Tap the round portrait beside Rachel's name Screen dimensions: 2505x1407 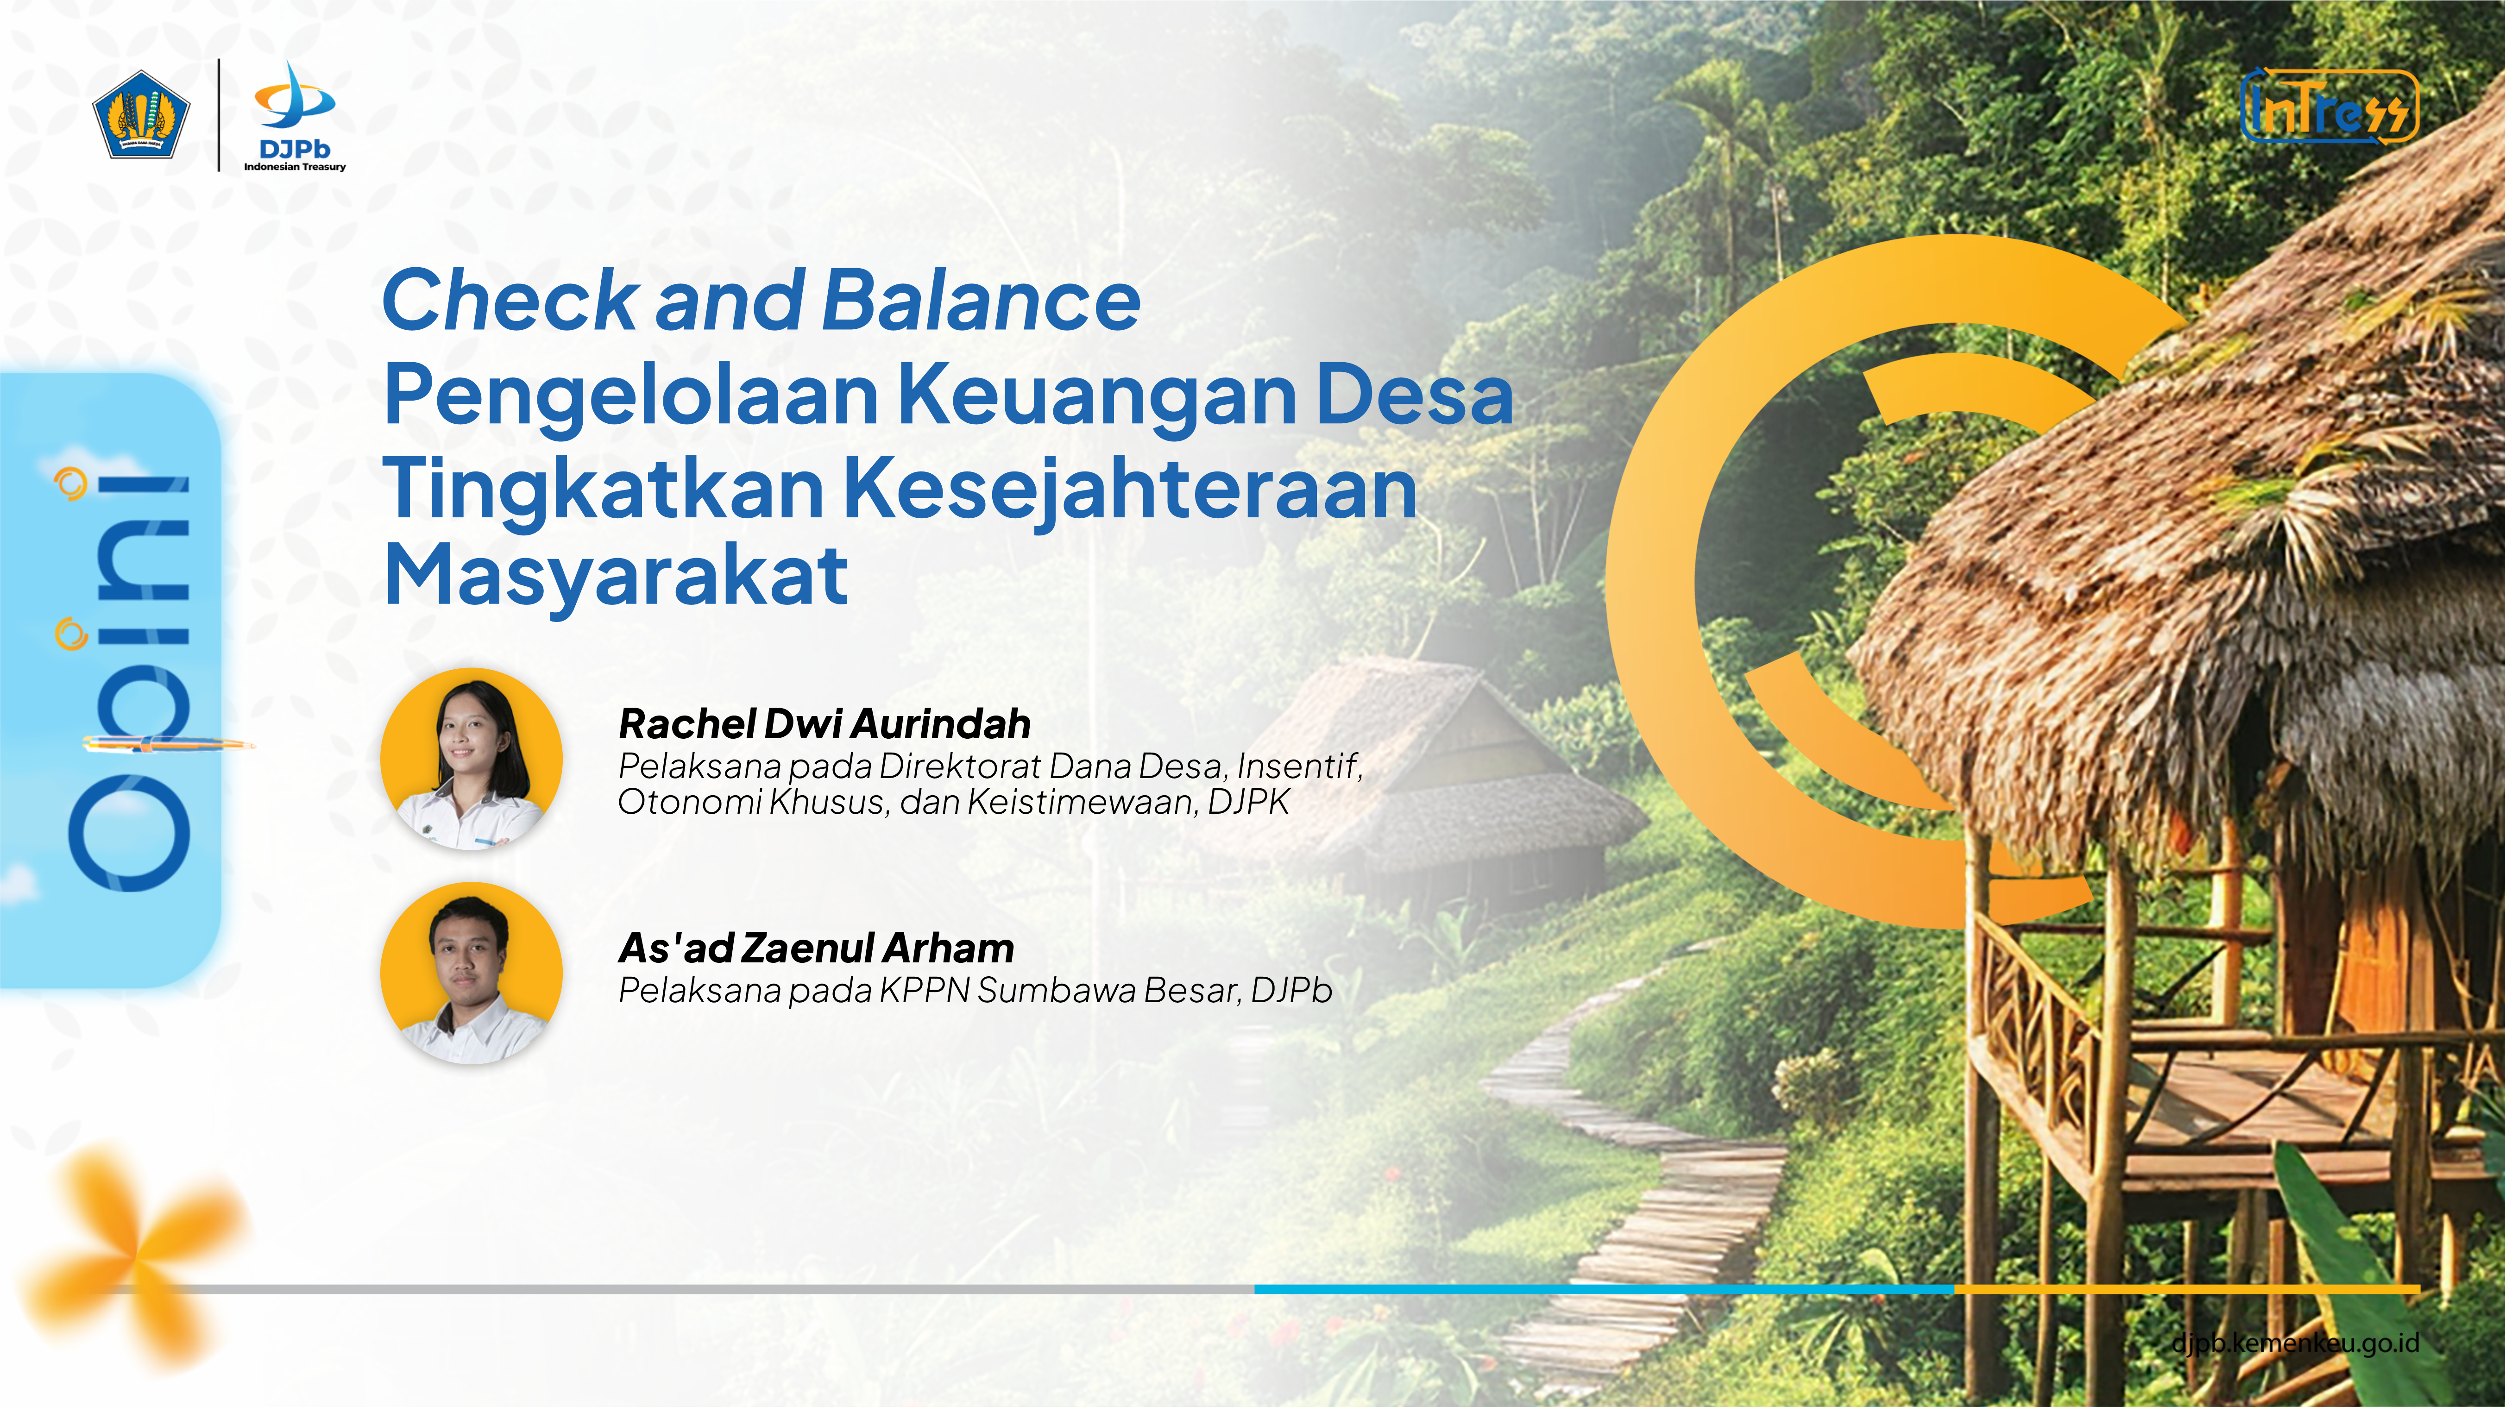click(472, 759)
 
